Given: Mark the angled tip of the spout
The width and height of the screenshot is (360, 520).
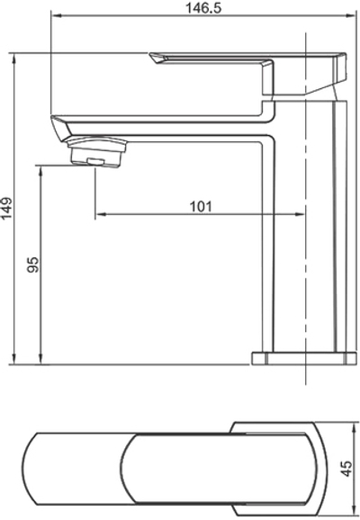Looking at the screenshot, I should (59, 128).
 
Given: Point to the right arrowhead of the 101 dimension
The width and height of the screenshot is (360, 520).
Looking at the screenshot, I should (302, 215).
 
